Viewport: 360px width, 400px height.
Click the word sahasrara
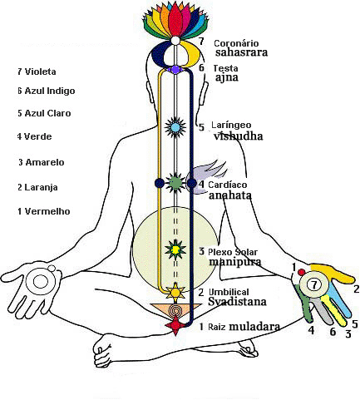(241, 52)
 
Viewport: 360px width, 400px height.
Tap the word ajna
(227, 77)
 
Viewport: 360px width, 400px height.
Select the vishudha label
(238, 136)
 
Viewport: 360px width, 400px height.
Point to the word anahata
(230, 195)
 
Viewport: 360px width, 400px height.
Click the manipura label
(235, 262)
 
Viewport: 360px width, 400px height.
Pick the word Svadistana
(237, 301)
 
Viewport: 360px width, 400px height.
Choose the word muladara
(254, 327)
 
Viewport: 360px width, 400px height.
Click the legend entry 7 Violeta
(37, 72)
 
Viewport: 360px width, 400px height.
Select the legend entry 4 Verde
(34, 136)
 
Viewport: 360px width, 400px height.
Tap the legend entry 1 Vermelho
(44, 211)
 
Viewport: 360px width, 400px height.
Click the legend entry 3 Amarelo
(42, 162)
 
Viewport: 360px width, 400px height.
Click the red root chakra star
(175, 325)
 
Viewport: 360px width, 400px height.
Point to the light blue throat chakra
(175, 127)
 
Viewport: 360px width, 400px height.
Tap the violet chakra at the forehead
(175, 69)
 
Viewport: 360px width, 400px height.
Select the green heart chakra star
(175, 183)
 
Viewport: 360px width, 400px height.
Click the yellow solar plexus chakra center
(175, 250)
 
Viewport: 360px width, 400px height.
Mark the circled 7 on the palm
(314, 284)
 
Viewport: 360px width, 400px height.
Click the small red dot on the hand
(302, 272)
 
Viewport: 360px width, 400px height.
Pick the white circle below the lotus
(175, 41)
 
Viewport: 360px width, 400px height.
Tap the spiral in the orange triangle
(175, 311)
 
